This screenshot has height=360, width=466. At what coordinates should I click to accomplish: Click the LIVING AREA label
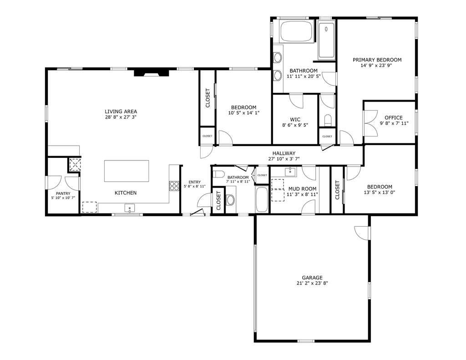point(121,112)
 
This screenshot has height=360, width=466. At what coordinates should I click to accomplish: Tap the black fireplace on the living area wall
point(151,73)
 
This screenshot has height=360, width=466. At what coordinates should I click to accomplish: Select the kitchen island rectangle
point(127,171)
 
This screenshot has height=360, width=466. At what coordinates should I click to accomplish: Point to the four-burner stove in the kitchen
point(174,185)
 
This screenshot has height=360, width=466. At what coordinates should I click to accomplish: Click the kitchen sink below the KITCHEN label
point(130,208)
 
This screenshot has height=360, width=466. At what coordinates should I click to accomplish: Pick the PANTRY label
point(63,193)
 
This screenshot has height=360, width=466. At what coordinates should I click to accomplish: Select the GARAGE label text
point(312,278)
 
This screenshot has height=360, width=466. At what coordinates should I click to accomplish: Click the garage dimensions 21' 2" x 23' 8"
point(312,284)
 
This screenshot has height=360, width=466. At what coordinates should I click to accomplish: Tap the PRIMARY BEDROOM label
point(377,60)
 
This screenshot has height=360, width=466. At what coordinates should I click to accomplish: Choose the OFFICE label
point(394,117)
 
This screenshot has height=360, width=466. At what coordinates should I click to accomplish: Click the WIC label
point(295,119)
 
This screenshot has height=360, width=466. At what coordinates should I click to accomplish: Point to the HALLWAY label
point(284,153)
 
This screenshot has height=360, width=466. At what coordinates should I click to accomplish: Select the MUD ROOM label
point(303,188)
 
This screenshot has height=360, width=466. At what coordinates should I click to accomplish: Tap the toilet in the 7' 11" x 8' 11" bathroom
point(219,173)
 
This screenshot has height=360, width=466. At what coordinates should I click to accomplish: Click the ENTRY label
point(194,182)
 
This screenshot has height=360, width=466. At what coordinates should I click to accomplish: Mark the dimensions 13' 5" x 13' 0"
point(380,193)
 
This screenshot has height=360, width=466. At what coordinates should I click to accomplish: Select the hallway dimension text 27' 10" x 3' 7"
point(284,159)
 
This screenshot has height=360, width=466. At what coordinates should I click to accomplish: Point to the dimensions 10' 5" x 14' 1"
point(243,113)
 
